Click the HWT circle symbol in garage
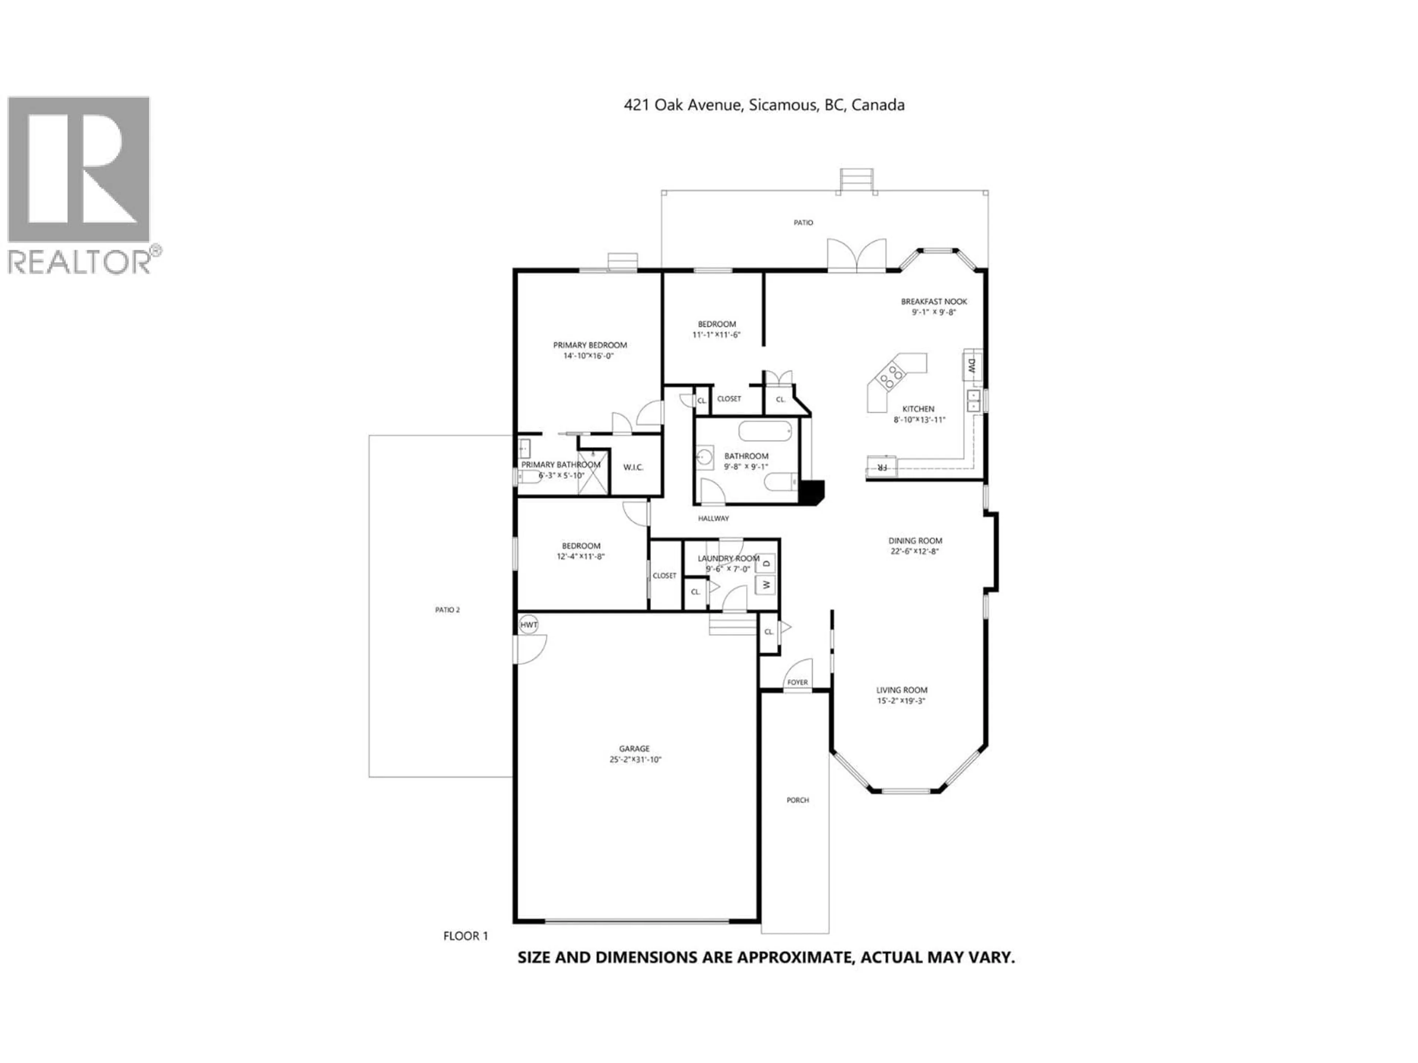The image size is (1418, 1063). point(528,625)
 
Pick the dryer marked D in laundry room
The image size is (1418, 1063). point(767,563)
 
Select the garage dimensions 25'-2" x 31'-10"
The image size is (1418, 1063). point(635,759)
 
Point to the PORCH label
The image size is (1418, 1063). point(798,800)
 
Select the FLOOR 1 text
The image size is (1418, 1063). point(465,936)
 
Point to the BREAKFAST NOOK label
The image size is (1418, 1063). point(934,301)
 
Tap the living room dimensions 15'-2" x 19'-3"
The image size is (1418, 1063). point(901,700)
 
